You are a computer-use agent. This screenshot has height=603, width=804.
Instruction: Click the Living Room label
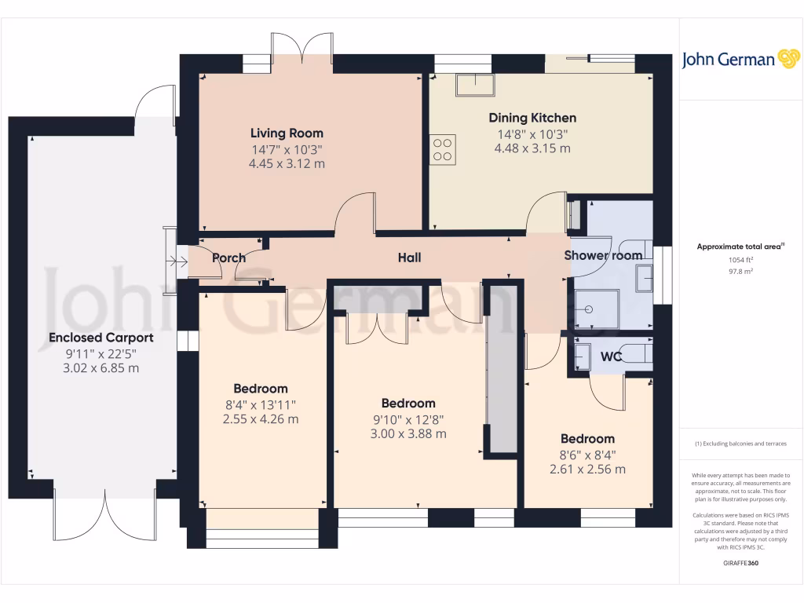(x=287, y=133)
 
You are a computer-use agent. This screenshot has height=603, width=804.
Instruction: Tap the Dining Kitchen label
(x=532, y=118)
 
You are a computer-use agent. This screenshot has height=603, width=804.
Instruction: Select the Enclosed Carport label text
(x=100, y=338)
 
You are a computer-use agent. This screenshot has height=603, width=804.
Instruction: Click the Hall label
(x=409, y=258)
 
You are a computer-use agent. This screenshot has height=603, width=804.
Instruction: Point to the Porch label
(x=228, y=258)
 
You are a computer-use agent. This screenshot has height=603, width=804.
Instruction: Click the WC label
(x=612, y=356)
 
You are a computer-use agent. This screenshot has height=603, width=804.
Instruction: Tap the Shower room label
(x=603, y=255)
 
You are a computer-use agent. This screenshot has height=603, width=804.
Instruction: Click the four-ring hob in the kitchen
(x=443, y=148)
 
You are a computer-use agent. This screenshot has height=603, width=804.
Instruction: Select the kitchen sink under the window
(x=475, y=84)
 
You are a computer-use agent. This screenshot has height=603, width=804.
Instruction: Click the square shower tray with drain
(x=596, y=309)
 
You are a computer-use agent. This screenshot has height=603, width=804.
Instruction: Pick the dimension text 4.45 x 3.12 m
(x=287, y=163)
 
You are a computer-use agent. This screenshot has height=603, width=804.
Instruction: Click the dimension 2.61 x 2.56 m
(x=587, y=470)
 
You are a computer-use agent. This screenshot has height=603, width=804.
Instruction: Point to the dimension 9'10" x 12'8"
(x=408, y=418)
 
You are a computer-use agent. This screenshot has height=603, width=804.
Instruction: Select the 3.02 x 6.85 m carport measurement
(x=100, y=368)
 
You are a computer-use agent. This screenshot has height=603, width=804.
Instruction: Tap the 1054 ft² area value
(x=741, y=259)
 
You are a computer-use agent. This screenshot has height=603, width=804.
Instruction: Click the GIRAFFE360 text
(x=741, y=563)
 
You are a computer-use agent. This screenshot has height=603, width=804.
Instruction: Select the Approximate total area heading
(x=741, y=247)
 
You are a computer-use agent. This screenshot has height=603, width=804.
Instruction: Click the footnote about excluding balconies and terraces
(x=741, y=444)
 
